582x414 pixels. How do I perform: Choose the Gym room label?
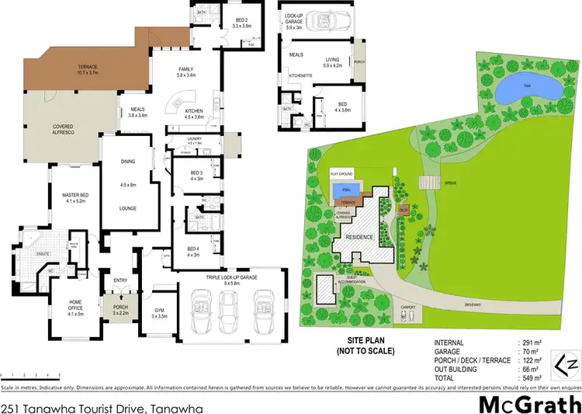159,314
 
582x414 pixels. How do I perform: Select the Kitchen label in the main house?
194,113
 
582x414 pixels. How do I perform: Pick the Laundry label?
194,139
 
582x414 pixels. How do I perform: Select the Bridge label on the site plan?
450,183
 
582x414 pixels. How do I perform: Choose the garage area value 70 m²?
527,351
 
